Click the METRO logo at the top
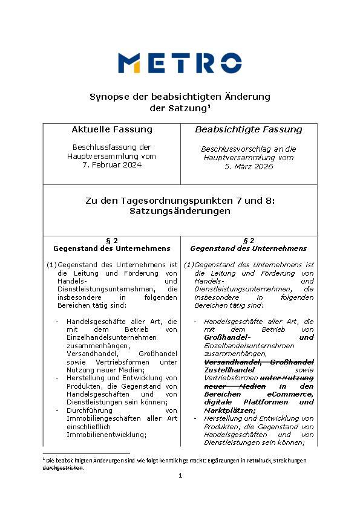[x=180, y=63]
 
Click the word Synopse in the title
[x=110, y=97]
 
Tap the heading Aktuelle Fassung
[x=112, y=129]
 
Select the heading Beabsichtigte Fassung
[x=248, y=129]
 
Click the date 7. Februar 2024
[x=111, y=165]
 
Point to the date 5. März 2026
[x=248, y=166]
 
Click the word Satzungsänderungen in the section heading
[x=180, y=212]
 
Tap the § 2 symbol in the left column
[x=112, y=240]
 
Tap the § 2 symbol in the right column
[x=248, y=240]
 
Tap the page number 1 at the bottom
[x=180, y=476]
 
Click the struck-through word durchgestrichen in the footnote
[x=63, y=467]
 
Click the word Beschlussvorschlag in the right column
[x=232, y=149]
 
